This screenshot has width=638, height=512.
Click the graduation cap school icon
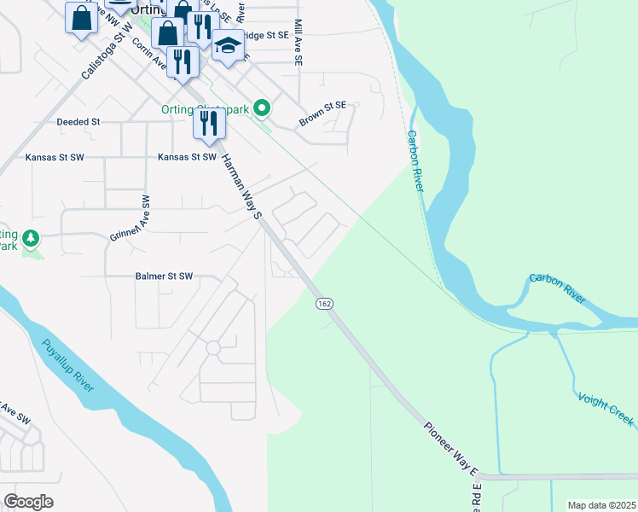[x=228, y=46]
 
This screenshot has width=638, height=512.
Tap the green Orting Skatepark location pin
[x=263, y=108]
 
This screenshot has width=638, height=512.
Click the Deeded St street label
[x=78, y=122]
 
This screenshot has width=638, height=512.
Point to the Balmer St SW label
[x=165, y=276]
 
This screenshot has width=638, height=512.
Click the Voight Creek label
[x=606, y=409]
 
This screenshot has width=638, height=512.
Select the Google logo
[x=27, y=501]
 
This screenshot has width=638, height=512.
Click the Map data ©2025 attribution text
[x=601, y=505]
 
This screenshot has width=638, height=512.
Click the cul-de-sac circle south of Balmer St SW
[x=213, y=348]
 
